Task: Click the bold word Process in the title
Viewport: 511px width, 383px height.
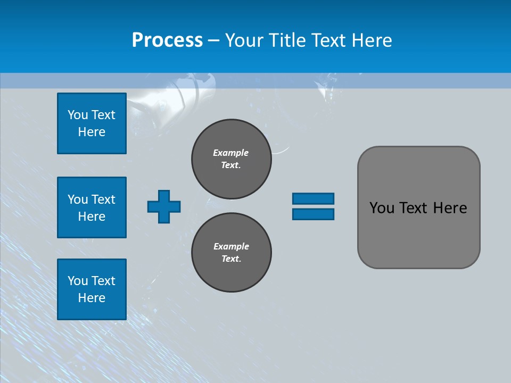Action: click(x=167, y=40)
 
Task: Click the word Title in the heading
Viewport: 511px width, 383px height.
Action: click(x=287, y=40)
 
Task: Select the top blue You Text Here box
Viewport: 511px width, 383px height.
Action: click(x=92, y=123)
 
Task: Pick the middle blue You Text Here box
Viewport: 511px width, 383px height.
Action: click(x=92, y=207)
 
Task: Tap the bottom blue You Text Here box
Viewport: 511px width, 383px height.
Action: click(x=92, y=289)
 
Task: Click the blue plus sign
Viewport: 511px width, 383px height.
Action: click(x=164, y=206)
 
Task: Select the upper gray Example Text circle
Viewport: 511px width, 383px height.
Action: click(x=231, y=159)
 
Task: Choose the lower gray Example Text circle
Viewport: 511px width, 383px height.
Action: click(x=231, y=253)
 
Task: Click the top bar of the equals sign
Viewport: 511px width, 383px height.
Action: click(x=313, y=198)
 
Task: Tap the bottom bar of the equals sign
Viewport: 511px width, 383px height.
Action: click(x=313, y=214)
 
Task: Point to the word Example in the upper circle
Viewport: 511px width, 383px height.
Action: click(x=231, y=153)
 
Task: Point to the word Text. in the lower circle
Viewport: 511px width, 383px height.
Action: click(x=231, y=259)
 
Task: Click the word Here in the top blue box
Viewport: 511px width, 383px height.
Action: click(x=92, y=132)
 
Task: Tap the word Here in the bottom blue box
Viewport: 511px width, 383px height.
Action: click(x=92, y=298)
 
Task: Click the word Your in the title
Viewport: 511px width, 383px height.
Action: click(x=243, y=40)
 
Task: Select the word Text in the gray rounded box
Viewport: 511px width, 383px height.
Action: click(x=415, y=208)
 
